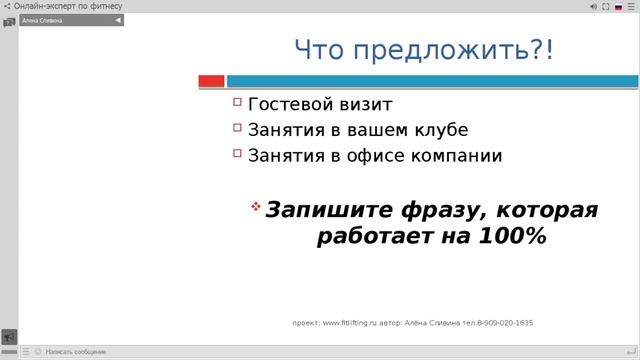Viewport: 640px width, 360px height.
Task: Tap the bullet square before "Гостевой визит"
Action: pyautogui.click(x=238, y=102)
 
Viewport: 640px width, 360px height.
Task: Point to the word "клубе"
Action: pyautogui.click(x=440, y=130)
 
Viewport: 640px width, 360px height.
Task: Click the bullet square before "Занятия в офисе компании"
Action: pyautogui.click(x=238, y=154)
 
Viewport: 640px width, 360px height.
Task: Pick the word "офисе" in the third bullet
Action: pyautogui.click(x=371, y=156)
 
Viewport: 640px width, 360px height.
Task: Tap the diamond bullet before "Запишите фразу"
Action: pyautogui.click(x=255, y=206)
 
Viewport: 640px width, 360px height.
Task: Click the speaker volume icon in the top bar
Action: pyautogui.click(x=593, y=6)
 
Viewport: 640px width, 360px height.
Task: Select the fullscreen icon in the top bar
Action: pyautogui.click(x=606, y=6)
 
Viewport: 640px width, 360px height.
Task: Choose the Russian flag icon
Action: pyautogui.click(x=618, y=6)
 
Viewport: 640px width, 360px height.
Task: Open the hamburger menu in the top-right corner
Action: pyautogui.click(x=631, y=6)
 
